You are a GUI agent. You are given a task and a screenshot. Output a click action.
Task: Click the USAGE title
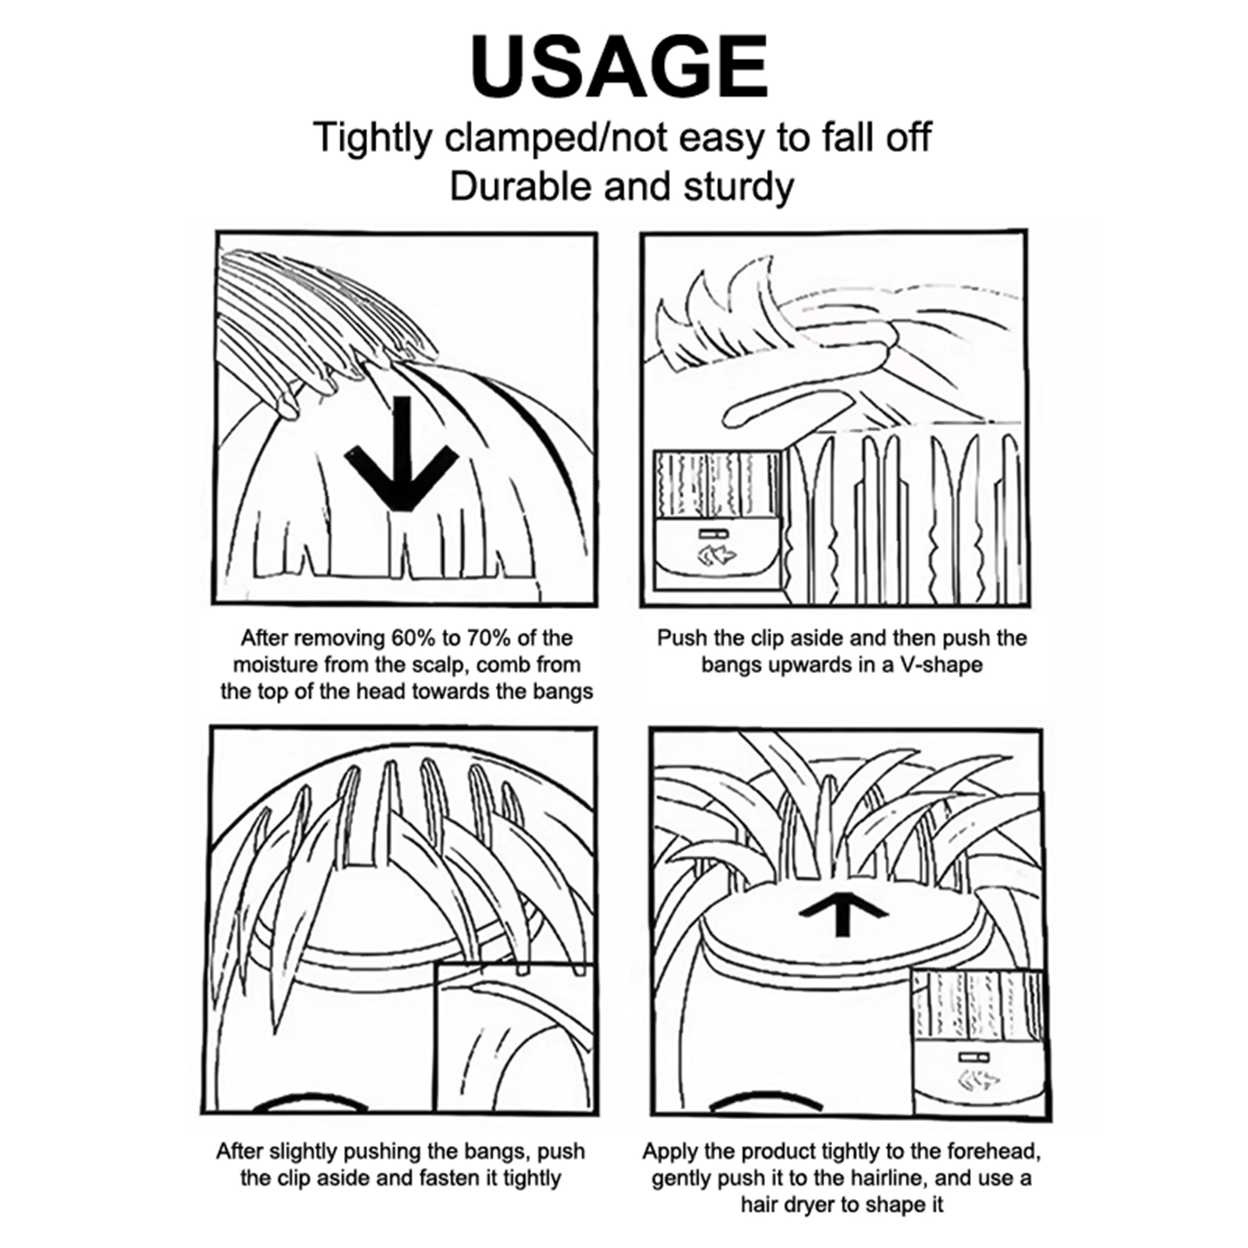[620, 68]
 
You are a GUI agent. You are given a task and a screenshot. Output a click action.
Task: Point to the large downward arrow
[400, 454]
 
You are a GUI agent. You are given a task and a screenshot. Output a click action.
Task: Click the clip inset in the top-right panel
[717, 520]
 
